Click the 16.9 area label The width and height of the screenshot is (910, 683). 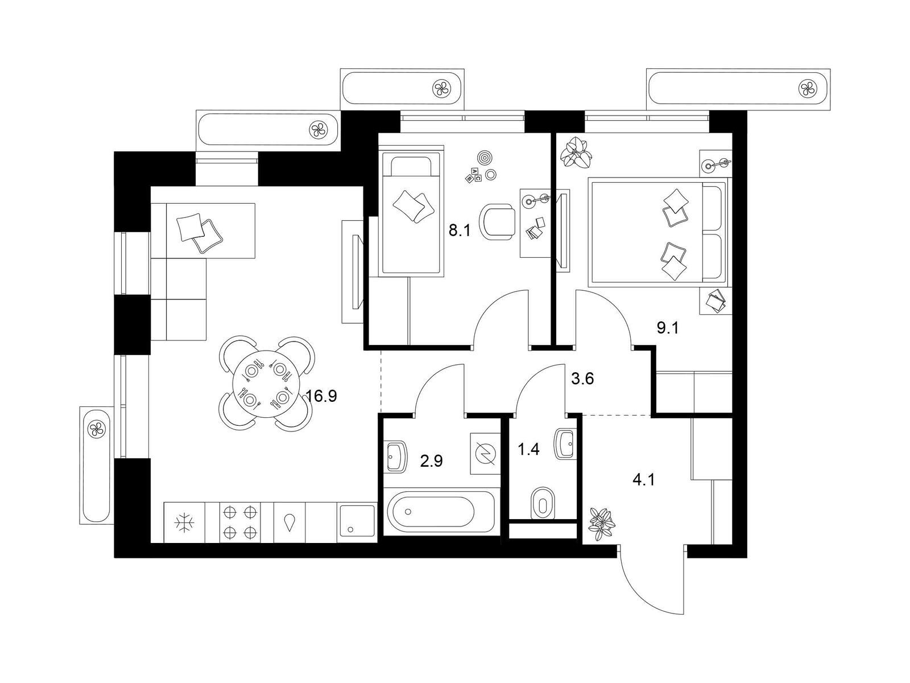pyautogui.click(x=321, y=397)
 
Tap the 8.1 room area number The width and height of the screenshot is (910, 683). pyautogui.click(x=460, y=231)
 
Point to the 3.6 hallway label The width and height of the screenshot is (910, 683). pyautogui.click(x=582, y=378)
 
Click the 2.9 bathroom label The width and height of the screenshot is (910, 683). pyautogui.click(x=432, y=461)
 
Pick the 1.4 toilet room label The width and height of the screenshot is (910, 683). pyautogui.click(x=528, y=449)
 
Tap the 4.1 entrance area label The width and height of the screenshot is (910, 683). pyautogui.click(x=644, y=480)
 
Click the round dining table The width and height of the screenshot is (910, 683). pyautogui.click(x=266, y=384)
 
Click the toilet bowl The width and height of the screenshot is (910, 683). pyautogui.click(x=542, y=503)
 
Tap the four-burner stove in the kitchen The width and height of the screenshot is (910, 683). pyautogui.click(x=239, y=522)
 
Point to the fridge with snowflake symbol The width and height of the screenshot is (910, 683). pyautogui.click(x=185, y=522)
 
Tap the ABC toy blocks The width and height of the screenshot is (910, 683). pyautogui.click(x=473, y=175)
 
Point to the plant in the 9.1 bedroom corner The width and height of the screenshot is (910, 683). pyautogui.click(x=576, y=153)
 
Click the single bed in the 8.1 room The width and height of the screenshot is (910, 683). pyautogui.click(x=411, y=212)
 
